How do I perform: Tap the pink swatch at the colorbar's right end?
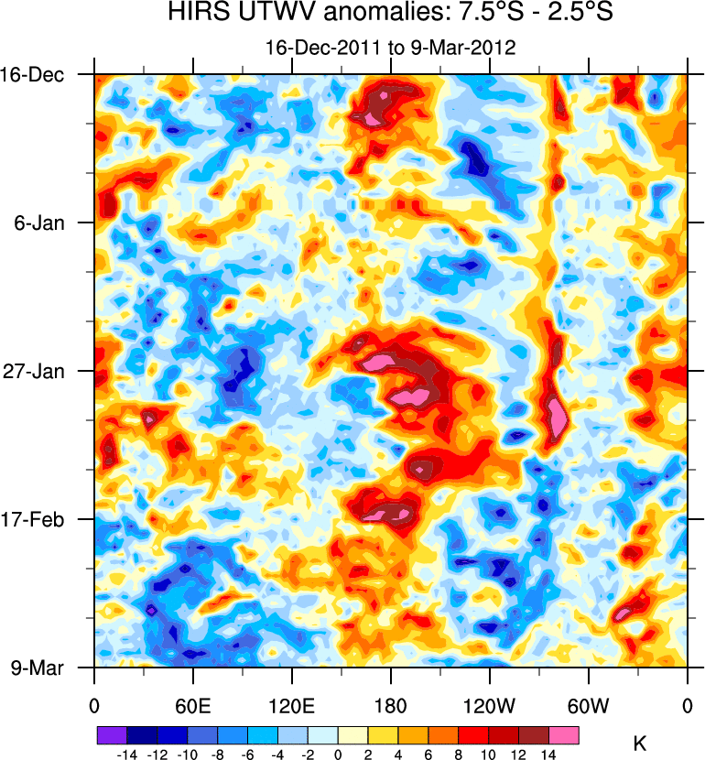tap(564, 735)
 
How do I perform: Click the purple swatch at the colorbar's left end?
tap(111, 735)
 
